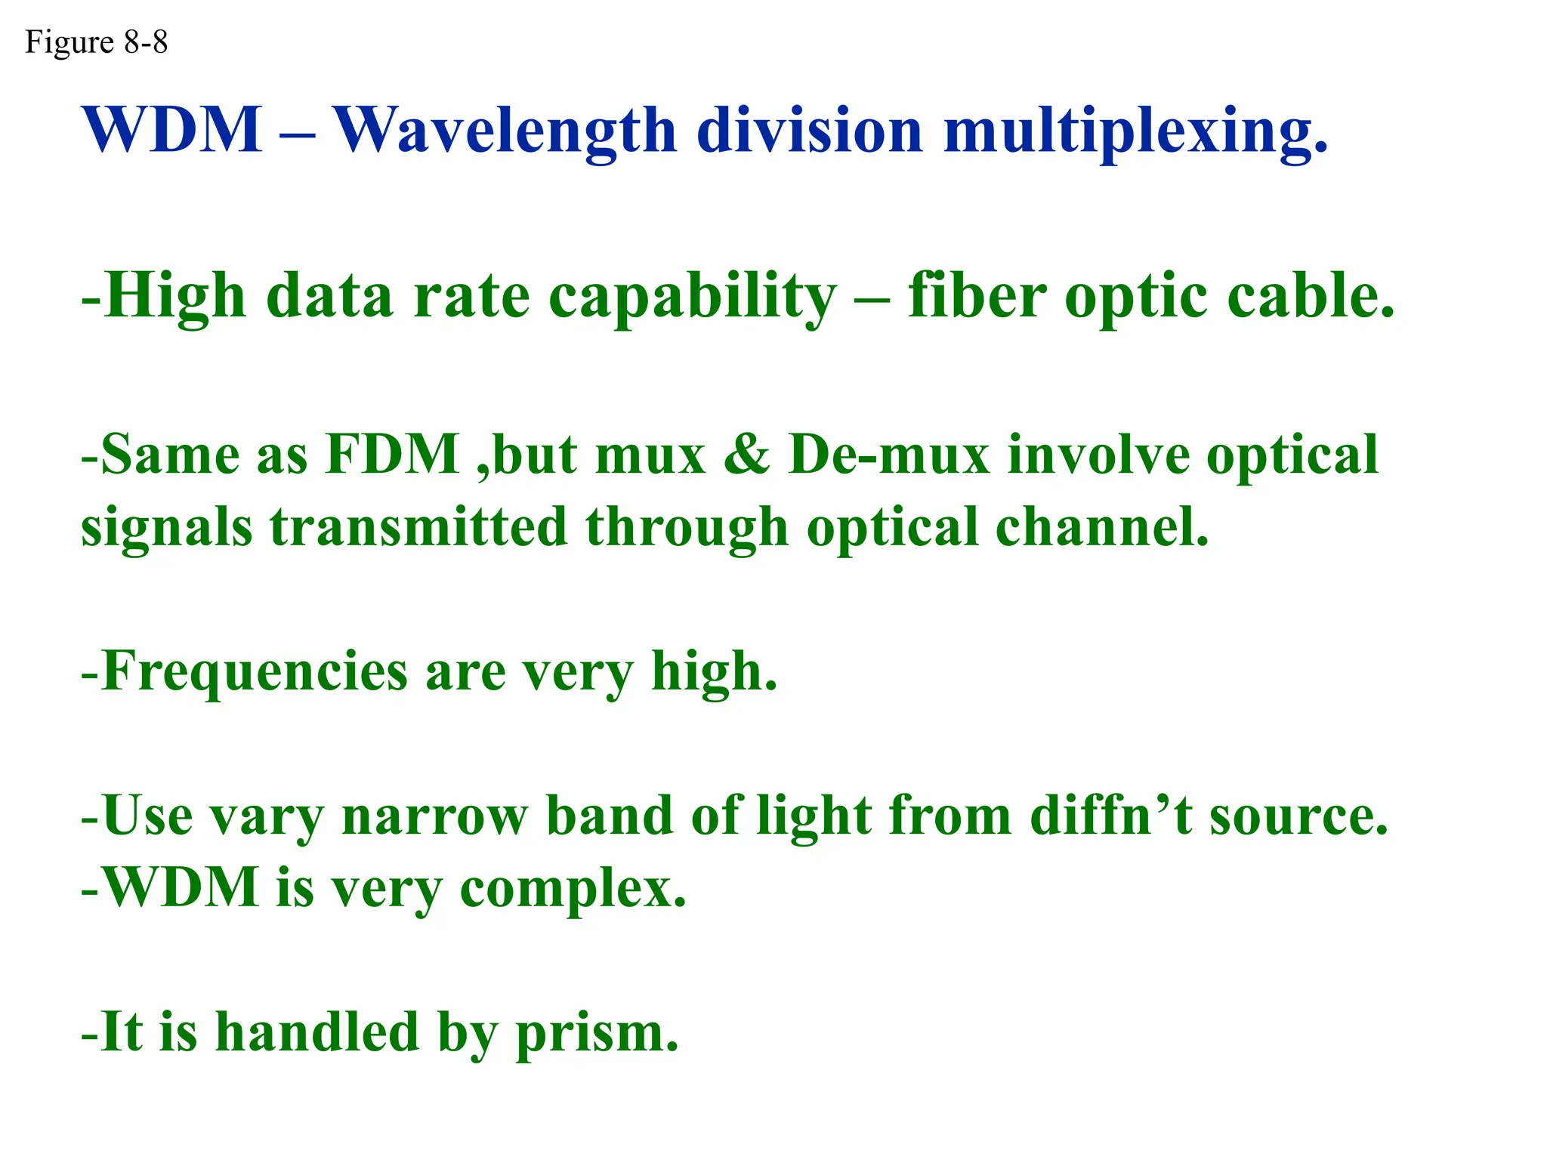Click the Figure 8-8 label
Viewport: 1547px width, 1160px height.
[x=96, y=42]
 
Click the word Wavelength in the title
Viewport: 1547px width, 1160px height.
[x=505, y=131]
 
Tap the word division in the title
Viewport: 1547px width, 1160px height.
[x=809, y=131]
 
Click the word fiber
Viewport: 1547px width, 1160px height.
[x=977, y=295]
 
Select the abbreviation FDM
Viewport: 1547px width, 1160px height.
[x=392, y=455]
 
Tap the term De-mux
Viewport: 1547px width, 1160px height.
[x=888, y=455]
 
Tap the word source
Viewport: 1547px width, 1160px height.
[x=1298, y=818]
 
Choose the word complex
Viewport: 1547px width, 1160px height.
[x=573, y=889]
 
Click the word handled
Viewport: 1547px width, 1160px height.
[x=317, y=1032]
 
